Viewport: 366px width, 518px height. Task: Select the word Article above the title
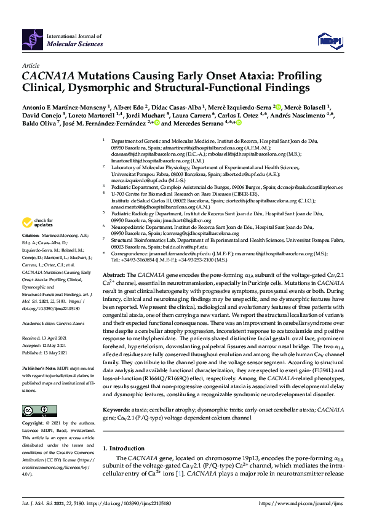tap(30, 65)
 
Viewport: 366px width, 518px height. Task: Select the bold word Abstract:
tap(114, 274)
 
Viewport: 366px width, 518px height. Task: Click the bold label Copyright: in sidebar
tap(34, 424)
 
